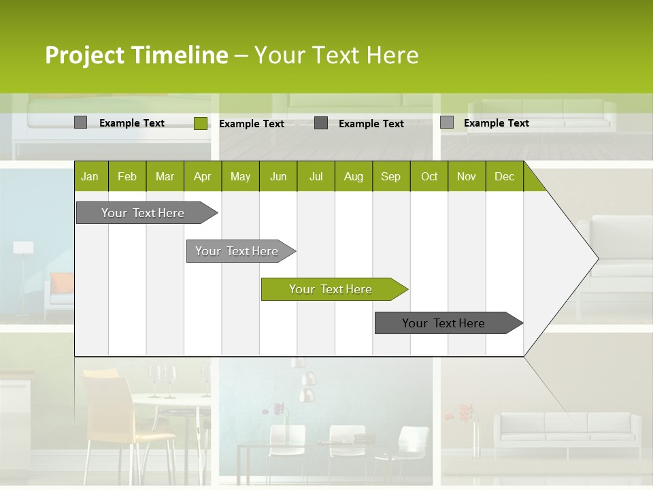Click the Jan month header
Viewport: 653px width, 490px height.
(x=90, y=176)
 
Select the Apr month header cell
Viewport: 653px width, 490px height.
(x=202, y=176)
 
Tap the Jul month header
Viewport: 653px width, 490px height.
(x=316, y=176)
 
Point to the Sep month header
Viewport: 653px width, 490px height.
(x=390, y=176)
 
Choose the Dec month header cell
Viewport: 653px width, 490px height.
(x=504, y=176)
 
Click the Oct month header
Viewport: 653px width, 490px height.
(x=429, y=176)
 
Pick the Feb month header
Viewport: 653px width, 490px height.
(x=127, y=176)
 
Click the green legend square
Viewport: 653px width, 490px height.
(x=201, y=123)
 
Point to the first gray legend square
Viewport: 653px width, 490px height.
(x=80, y=122)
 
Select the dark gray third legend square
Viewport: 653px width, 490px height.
(x=321, y=123)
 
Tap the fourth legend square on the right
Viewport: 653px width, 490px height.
(x=447, y=122)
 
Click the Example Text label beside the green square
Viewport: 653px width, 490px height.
(x=251, y=124)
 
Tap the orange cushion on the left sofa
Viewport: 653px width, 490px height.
(x=62, y=282)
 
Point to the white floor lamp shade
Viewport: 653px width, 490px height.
(x=23, y=248)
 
